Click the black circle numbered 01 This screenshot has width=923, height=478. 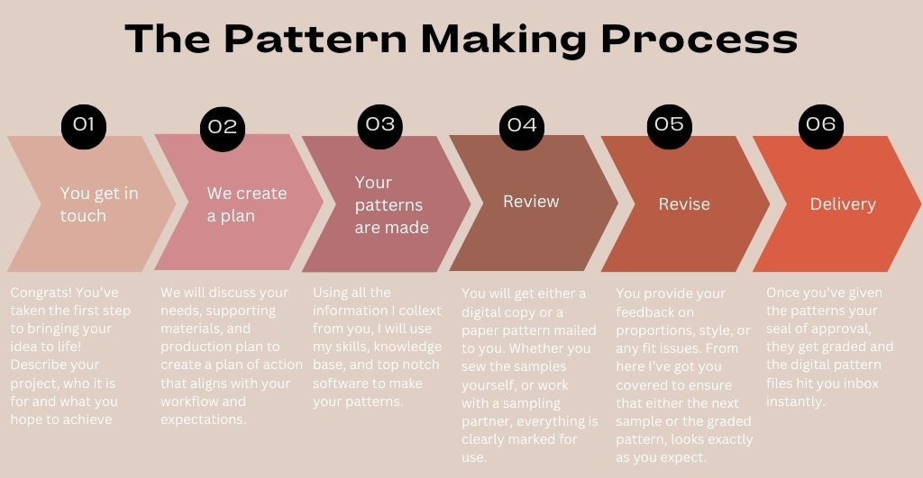tap(83, 125)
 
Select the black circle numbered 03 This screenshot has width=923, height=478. tap(380, 124)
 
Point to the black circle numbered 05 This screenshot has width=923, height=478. tap(669, 124)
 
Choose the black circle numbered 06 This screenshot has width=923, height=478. tap(821, 124)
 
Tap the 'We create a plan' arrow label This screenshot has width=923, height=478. tap(247, 204)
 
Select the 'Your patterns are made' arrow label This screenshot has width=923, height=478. tap(391, 205)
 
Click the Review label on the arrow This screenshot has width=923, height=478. tap(531, 202)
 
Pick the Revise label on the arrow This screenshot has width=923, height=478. tap(684, 204)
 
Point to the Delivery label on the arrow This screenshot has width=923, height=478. tap(843, 204)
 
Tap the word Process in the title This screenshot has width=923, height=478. tap(698, 40)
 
